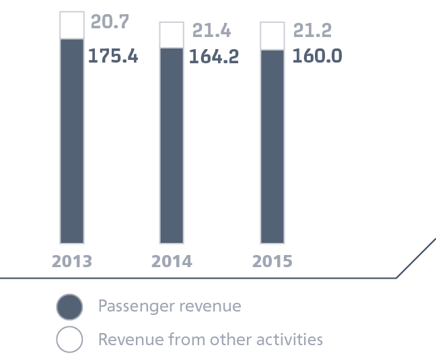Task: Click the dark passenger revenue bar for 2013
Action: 72,141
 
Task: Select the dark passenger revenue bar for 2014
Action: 172,145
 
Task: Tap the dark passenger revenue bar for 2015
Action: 272,147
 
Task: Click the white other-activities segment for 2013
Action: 72,25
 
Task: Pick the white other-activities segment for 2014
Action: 172,35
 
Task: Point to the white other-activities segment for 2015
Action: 272,36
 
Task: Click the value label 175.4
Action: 113,56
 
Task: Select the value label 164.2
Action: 213,57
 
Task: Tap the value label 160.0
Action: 317,56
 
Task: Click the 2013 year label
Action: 72,261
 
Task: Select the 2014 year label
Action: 172,261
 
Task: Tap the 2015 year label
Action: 272,261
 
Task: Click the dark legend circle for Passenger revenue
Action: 69,308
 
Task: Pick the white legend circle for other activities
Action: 69,339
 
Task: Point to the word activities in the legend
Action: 293,338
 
